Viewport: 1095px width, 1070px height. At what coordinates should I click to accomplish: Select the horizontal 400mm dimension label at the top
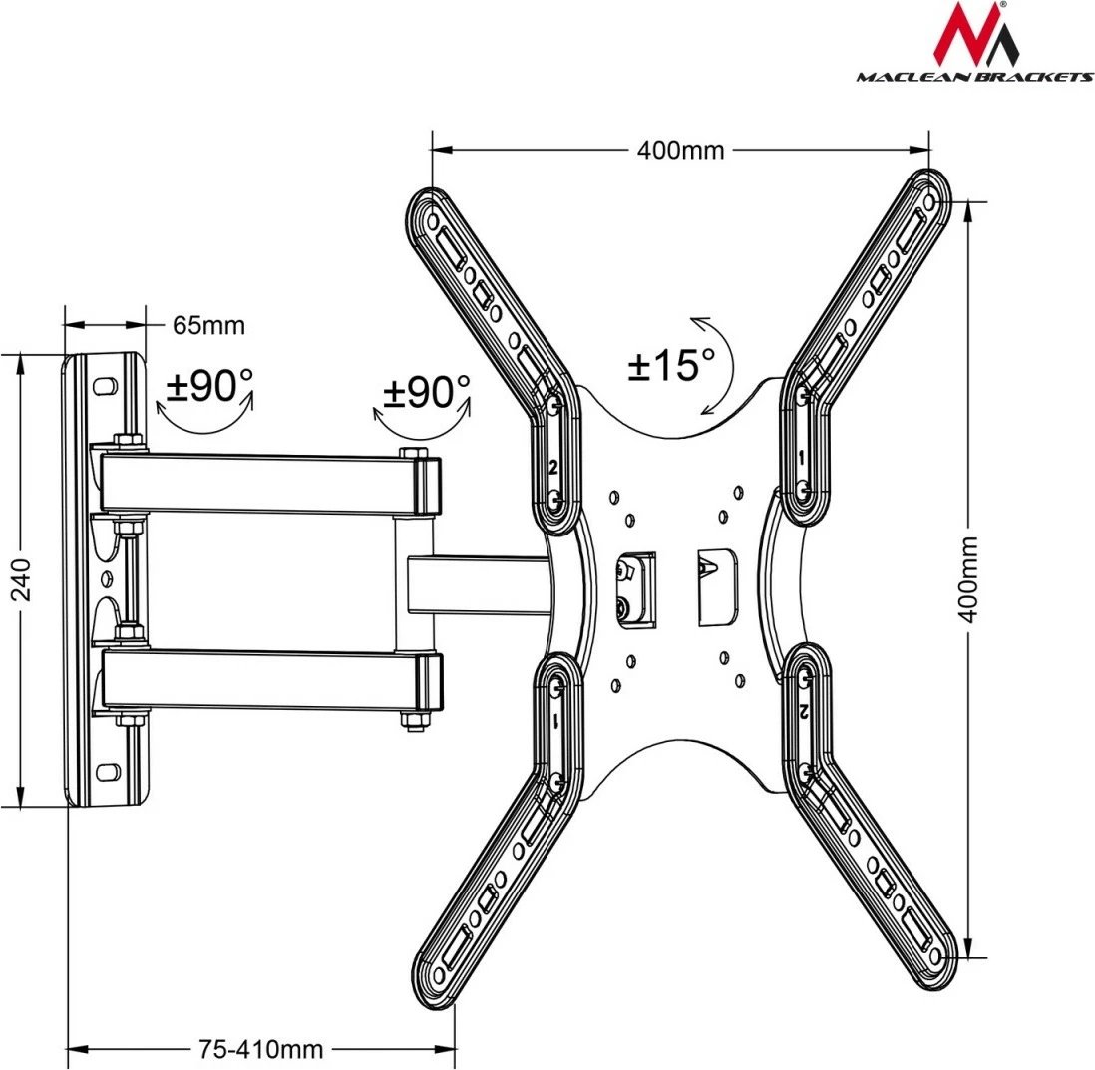point(681,151)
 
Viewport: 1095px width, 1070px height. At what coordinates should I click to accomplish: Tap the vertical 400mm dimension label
point(968,578)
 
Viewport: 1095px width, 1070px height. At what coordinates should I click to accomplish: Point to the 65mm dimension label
point(208,325)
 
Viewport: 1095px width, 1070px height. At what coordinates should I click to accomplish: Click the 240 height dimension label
point(21,579)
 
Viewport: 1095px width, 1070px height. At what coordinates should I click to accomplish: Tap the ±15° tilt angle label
point(671,365)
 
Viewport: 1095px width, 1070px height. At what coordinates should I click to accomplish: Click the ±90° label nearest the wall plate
point(208,386)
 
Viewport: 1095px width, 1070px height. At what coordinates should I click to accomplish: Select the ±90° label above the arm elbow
point(426,392)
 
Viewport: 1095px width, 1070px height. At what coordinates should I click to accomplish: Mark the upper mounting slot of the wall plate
point(105,383)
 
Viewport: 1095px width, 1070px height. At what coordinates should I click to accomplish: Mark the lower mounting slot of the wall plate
point(105,770)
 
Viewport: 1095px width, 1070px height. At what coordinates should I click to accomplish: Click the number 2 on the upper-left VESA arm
point(552,467)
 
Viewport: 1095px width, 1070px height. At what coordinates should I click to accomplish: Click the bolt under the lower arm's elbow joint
point(410,721)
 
